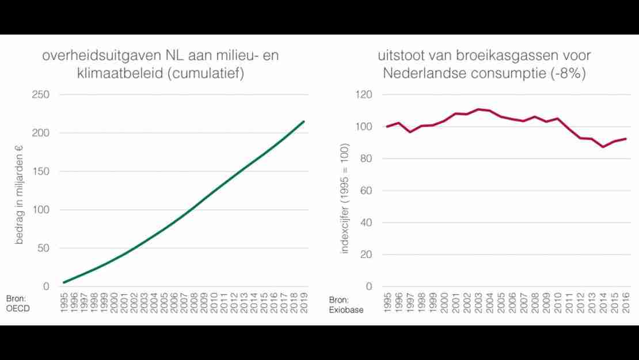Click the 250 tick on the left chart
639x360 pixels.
tap(41, 94)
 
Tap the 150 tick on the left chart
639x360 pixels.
tap(41, 172)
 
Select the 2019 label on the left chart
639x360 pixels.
tap(303, 302)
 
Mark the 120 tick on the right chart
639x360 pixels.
tap(364, 94)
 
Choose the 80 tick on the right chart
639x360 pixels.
tap(367, 159)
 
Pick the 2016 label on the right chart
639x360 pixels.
tap(626, 302)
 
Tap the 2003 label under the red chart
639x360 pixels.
tap(478, 302)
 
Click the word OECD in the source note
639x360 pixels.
tap(18, 309)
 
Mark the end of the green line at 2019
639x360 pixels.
tap(303, 122)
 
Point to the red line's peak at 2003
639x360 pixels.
tap(478, 109)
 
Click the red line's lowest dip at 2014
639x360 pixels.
tap(603, 147)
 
